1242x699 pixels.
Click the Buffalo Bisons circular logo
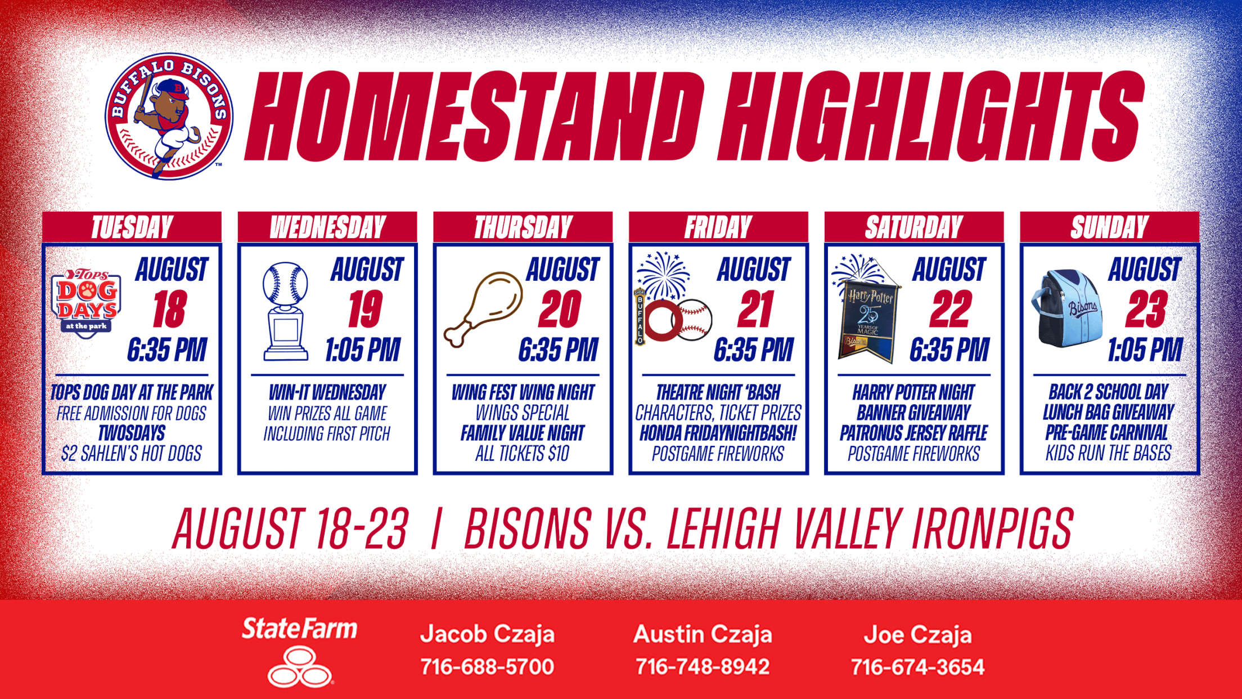[169, 116]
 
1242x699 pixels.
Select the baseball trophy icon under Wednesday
[285, 311]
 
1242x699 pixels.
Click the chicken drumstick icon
[483, 310]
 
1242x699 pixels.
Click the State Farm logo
[299, 652]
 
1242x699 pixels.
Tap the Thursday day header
[523, 227]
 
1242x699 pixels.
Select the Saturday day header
[913, 227]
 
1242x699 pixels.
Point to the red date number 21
[755, 309]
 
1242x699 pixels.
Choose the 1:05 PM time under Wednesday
[363, 349]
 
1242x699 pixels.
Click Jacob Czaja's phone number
[487, 667]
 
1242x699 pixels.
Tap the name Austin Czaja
[703, 634]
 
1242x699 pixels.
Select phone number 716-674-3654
[917, 667]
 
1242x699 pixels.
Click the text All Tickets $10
[523, 454]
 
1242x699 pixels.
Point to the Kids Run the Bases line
[1109, 453]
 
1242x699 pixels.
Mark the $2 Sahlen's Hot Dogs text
[132, 454]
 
